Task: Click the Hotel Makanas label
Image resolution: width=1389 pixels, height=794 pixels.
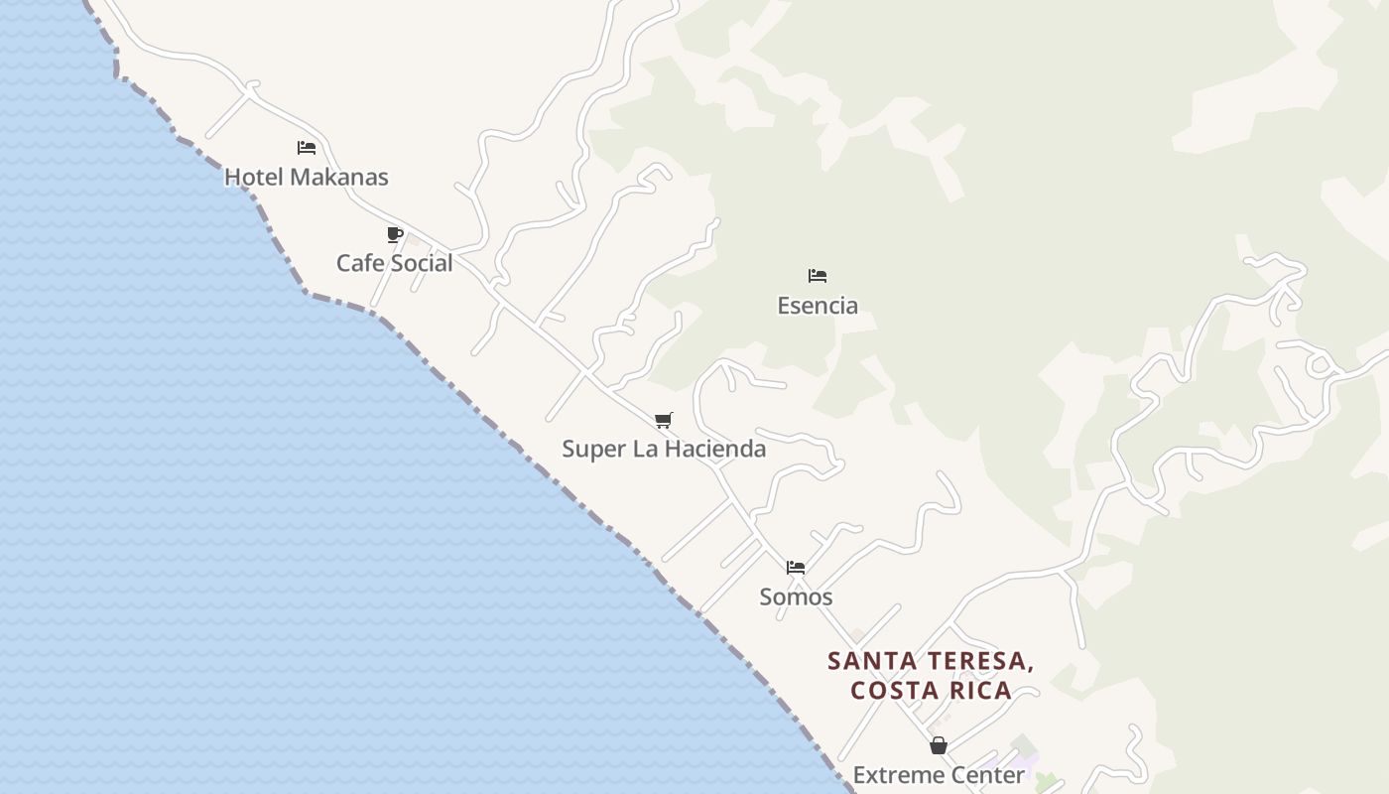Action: click(x=306, y=177)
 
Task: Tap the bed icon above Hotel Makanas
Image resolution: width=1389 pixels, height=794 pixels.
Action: click(x=307, y=148)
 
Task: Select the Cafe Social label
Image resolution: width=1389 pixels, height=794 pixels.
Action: click(x=394, y=263)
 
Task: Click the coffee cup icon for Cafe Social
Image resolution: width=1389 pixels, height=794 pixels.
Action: click(x=395, y=235)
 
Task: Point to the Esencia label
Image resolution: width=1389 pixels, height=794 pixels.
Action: click(x=818, y=305)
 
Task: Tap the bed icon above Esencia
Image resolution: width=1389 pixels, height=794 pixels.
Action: click(x=818, y=276)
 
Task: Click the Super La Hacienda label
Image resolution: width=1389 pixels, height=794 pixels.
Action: click(x=664, y=449)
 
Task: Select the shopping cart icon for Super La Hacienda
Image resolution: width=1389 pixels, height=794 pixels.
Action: click(x=664, y=421)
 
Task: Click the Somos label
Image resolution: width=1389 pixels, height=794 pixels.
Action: click(x=796, y=596)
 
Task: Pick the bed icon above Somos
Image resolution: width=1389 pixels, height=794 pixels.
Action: click(x=796, y=568)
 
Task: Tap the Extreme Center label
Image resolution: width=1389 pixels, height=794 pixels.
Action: click(x=939, y=774)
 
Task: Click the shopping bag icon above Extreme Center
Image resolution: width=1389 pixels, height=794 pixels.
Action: click(x=939, y=745)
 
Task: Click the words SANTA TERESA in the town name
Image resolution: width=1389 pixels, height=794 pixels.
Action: click(x=931, y=661)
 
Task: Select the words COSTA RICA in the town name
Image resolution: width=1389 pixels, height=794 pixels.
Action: click(x=931, y=690)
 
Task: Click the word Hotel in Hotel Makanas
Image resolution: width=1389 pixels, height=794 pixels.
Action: click(x=251, y=177)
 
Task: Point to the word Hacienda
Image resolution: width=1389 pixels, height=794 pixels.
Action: click(x=714, y=449)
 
